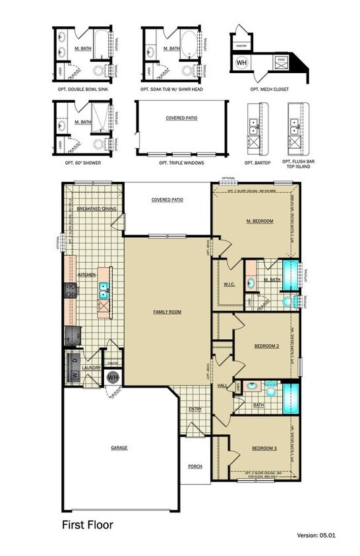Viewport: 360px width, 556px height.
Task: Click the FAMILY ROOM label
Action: click(168, 312)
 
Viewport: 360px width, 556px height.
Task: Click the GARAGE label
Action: click(119, 448)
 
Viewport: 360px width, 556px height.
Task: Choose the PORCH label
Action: click(195, 466)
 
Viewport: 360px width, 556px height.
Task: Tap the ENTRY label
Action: click(195, 409)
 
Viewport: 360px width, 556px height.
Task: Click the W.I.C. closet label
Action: click(221, 285)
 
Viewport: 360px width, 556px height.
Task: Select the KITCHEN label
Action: click(88, 273)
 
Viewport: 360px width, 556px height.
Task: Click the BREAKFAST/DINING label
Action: click(96, 208)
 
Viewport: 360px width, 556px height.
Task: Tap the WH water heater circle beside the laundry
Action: click(112, 377)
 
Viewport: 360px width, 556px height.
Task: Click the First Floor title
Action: click(88, 525)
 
